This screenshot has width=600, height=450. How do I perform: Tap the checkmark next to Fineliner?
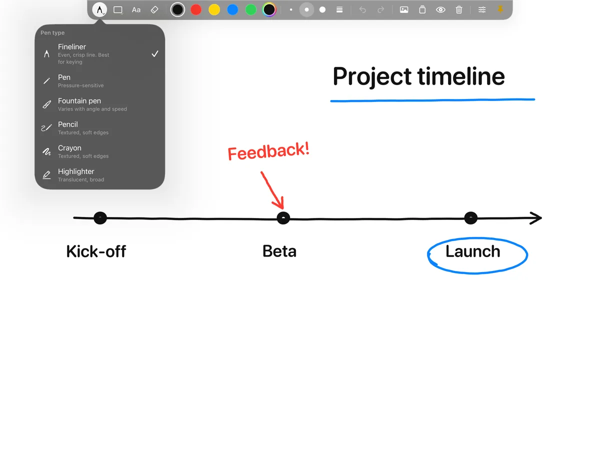154,54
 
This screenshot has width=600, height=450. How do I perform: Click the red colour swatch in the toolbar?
195,10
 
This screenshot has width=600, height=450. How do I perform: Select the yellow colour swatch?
214,10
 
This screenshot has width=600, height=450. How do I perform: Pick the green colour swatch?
250,10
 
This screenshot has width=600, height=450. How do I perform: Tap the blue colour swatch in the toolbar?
232,10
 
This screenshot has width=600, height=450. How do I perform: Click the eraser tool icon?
154,10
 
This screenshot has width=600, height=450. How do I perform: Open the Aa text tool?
136,10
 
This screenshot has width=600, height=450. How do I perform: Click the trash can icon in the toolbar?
458,10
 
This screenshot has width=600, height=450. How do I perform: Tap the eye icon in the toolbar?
440,10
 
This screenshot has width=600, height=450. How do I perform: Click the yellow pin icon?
500,9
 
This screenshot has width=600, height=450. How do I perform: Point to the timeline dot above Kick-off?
100,218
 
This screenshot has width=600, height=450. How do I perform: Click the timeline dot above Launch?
470,218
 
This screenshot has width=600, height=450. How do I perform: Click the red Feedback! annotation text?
268,151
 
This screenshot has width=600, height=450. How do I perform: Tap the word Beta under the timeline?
279,251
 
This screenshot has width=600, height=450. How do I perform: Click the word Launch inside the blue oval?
472,251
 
